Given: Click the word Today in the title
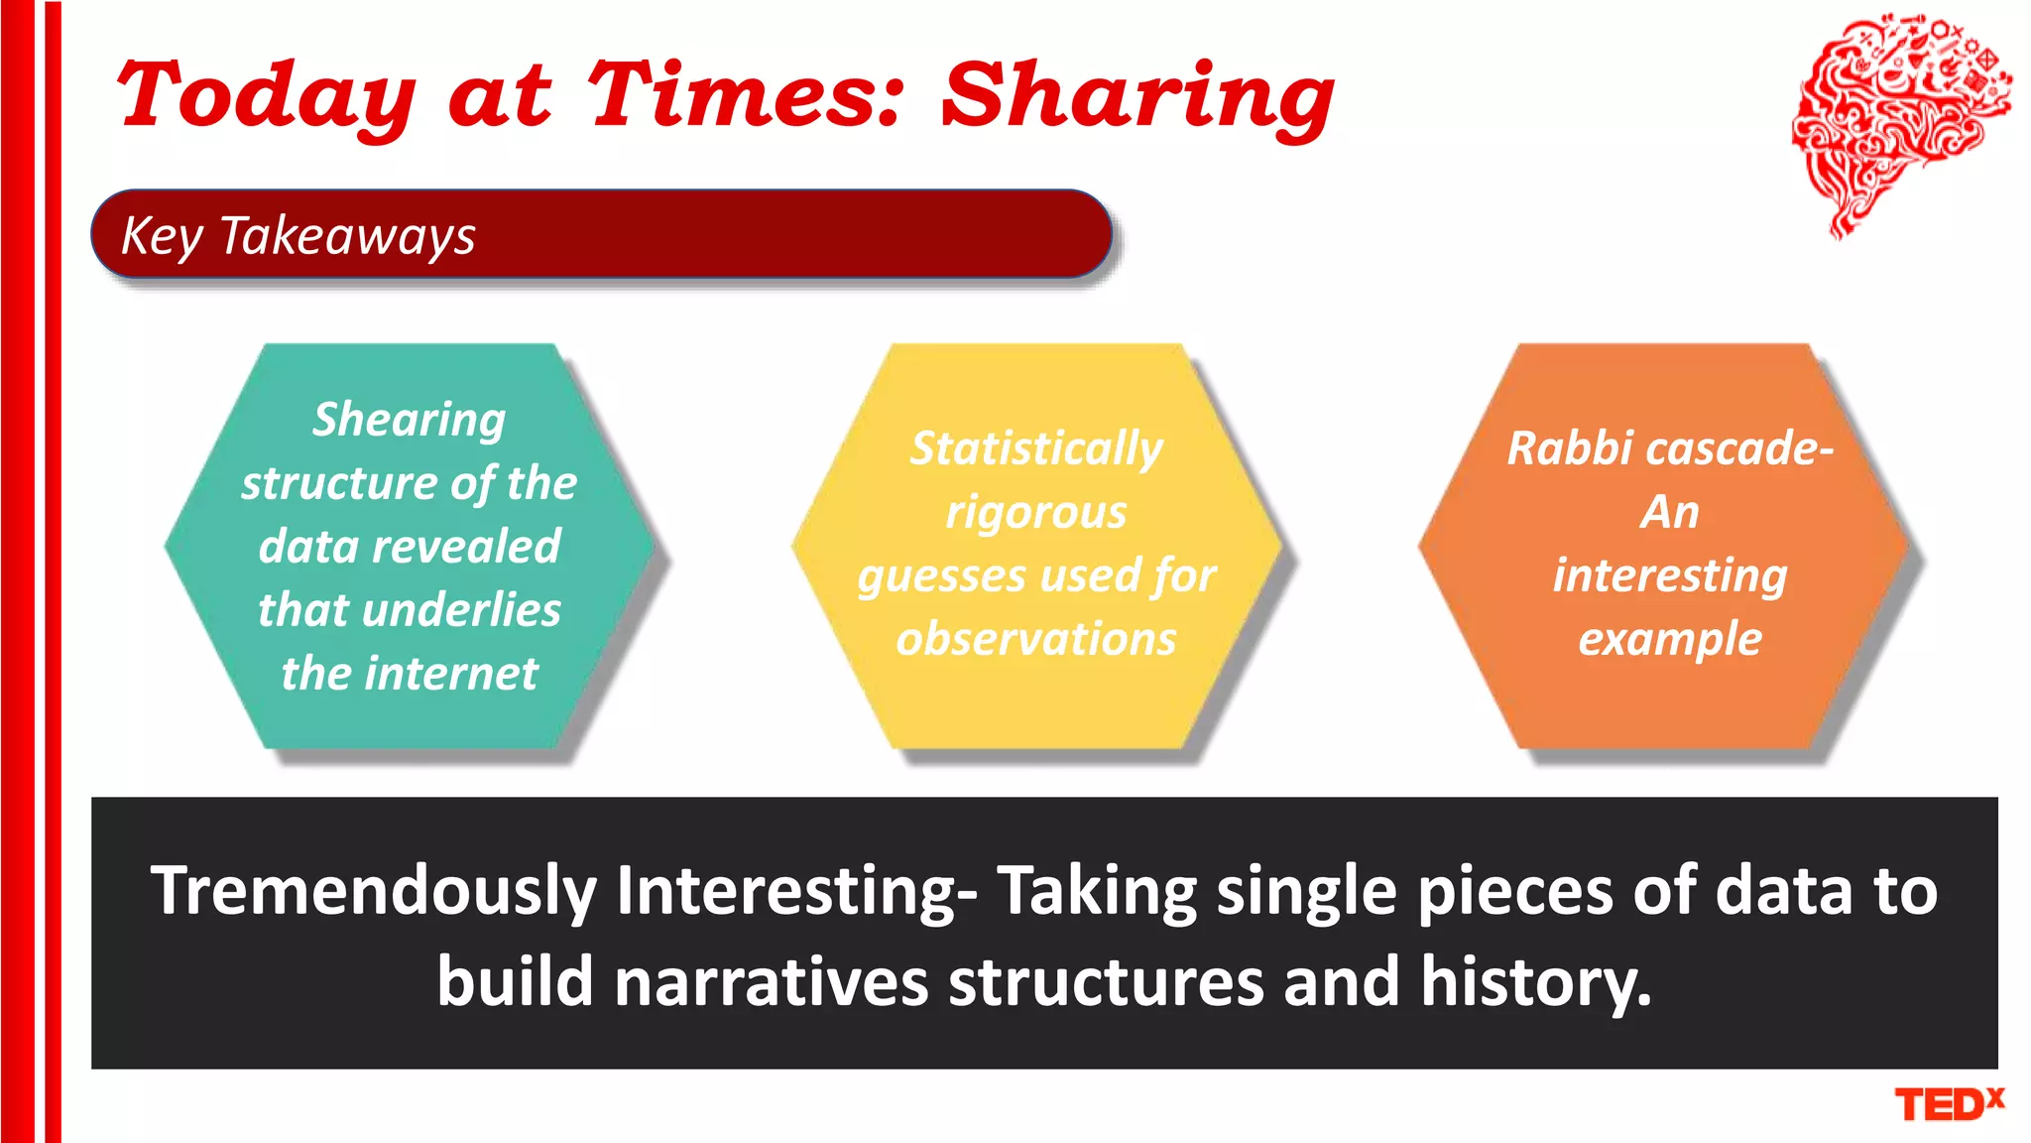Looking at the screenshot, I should coord(266,96).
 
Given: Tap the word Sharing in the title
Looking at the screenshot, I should coord(1136,96).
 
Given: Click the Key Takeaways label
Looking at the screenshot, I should coord(299,236).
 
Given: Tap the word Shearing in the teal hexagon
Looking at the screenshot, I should coord(410,420).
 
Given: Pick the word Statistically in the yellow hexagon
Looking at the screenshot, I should coord(1036,448).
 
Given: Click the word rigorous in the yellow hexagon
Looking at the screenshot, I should coord(1036,513).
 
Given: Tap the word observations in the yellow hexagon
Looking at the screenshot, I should coord(1036,639).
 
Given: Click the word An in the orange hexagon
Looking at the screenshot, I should coord(1670,513).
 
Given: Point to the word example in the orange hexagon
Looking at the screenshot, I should coord(1670,640).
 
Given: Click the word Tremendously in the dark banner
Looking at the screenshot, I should coord(373,891).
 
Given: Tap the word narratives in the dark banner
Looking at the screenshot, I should coord(771,982).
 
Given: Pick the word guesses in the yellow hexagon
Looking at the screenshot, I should coord(941,576).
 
